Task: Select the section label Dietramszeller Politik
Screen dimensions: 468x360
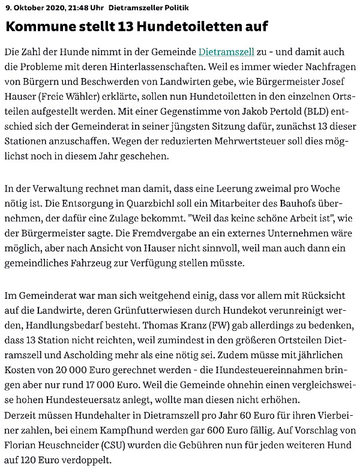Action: (131, 7)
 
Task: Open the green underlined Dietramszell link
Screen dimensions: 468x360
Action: (227, 52)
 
